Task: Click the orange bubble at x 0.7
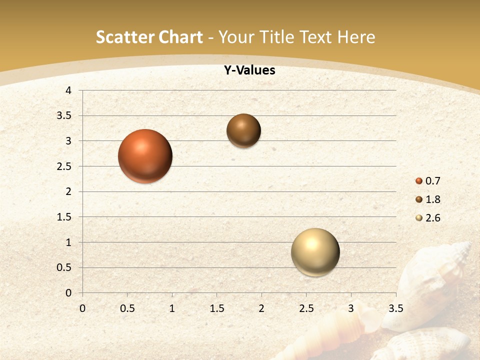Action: [145, 156]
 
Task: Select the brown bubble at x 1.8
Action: [243, 130]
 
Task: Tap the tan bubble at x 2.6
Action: [315, 252]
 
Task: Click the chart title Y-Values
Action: [249, 70]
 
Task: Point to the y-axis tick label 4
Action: [68, 90]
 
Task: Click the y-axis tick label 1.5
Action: [64, 217]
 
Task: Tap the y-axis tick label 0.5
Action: [64, 267]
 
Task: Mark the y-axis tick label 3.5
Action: [64, 115]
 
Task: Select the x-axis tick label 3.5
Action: [395, 308]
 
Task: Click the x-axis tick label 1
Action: [172, 308]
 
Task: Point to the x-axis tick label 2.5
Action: [306, 308]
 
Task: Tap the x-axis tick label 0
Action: [82, 308]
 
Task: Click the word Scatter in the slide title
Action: [123, 37]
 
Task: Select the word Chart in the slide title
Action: [179, 37]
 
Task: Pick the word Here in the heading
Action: [356, 37]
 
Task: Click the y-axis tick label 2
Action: [68, 191]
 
